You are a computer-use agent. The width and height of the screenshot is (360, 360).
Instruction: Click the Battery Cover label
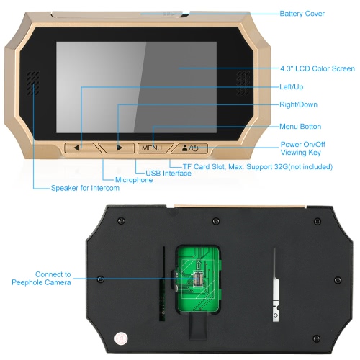[x=302, y=14]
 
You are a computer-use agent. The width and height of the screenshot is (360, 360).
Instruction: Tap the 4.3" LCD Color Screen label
[x=318, y=68]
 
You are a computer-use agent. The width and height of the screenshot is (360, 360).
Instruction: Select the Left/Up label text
[x=292, y=87]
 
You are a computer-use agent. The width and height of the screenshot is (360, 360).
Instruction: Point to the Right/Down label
[x=298, y=104]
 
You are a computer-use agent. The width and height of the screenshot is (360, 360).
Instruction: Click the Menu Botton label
[x=300, y=127]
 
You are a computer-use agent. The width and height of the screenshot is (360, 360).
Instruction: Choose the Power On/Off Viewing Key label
[x=303, y=148]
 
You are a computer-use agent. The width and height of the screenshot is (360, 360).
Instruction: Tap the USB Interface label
[x=168, y=174]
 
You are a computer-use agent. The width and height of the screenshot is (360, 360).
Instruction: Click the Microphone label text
[x=134, y=180]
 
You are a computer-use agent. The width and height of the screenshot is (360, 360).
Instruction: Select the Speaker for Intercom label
[x=85, y=188]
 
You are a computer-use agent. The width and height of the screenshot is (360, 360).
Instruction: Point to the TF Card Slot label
[x=258, y=167]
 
